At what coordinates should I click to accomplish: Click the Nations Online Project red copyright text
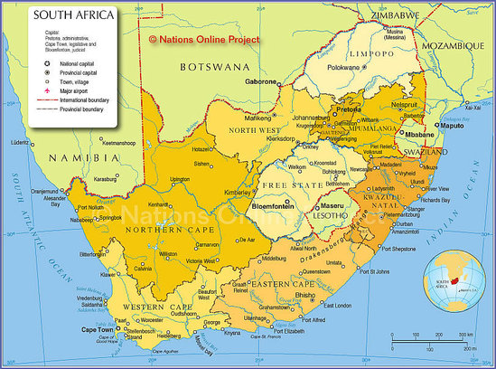[x=204, y=40]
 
